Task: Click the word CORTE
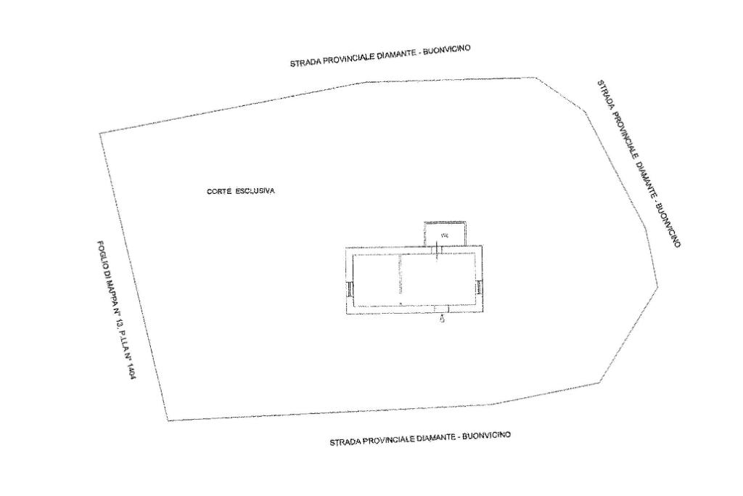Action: [x=218, y=191]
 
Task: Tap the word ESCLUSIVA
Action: [x=255, y=191]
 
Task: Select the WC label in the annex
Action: [x=444, y=235]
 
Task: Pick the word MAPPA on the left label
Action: [x=110, y=290]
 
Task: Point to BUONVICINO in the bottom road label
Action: [x=487, y=435]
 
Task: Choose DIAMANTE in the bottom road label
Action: [x=436, y=438]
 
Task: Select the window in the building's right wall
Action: [x=480, y=287]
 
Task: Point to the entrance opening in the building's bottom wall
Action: [x=442, y=309]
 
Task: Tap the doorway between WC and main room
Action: [x=437, y=249]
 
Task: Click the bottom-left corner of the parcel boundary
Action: [x=168, y=420]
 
